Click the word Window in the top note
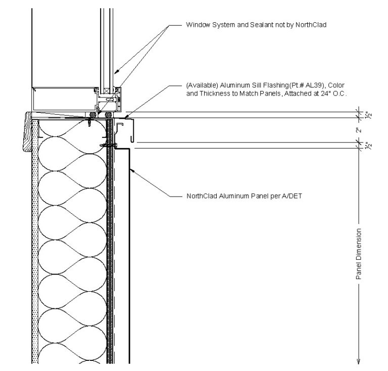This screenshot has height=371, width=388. point(198,24)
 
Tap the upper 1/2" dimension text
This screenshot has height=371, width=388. point(360,115)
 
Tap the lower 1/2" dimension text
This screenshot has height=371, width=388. point(360,146)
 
